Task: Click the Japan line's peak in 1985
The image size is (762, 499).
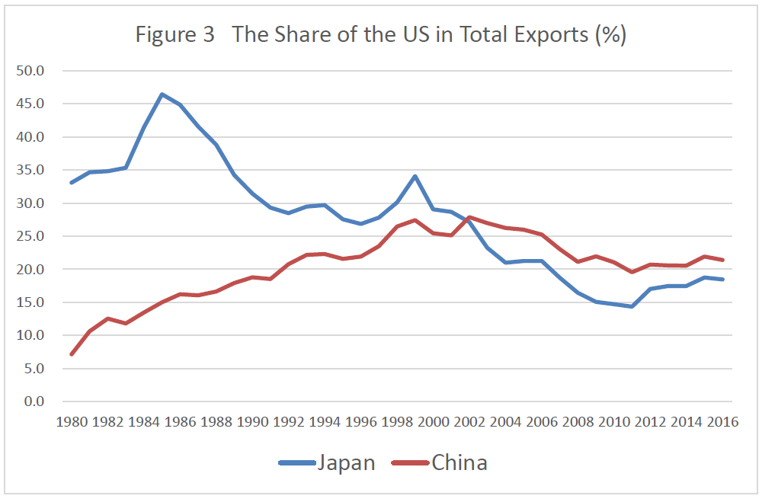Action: coord(162,94)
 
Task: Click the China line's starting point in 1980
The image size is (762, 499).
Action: coord(71,354)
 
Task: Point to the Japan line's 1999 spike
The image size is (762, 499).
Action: coord(415,176)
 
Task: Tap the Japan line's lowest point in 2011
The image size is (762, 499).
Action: coord(632,306)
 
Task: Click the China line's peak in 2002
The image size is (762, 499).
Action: coord(469,217)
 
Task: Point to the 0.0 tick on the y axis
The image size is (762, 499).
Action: coord(34,401)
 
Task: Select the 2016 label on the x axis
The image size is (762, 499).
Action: coord(722,421)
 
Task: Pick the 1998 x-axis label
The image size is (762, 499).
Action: coord(396,421)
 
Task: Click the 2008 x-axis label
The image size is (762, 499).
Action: coord(577,421)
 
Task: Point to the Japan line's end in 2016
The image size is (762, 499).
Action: coord(722,280)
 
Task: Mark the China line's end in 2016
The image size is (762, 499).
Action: coord(722,260)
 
